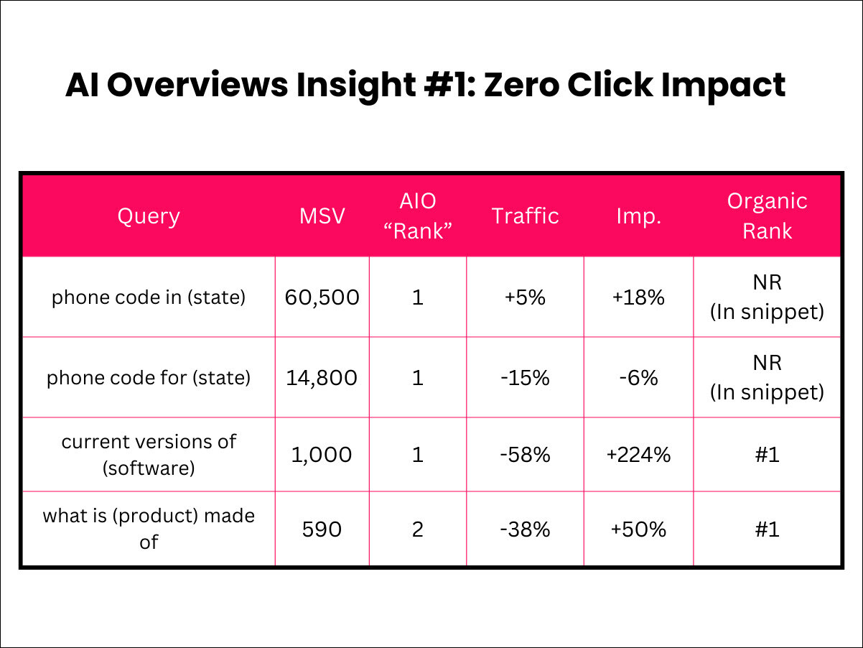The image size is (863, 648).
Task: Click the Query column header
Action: click(148, 216)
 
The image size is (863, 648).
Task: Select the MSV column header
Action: click(322, 216)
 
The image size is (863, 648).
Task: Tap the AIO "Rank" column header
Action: click(417, 216)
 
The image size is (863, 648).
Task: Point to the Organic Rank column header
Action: click(767, 216)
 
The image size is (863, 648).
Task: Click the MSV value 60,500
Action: click(322, 297)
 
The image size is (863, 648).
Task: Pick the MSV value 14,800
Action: click(322, 377)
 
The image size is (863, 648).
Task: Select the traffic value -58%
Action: click(525, 455)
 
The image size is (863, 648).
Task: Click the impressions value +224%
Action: click(638, 455)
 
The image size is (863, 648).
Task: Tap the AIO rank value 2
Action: click(417, 529)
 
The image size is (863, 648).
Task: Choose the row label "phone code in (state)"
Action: click(148, 297)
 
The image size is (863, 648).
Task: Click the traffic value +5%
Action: click(525, 297)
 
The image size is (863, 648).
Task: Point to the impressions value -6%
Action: click(638, 377)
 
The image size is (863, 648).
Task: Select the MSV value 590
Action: click(322, 529)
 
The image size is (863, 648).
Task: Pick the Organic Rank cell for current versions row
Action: click(767, 455)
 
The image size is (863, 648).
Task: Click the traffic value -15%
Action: click(525, 377)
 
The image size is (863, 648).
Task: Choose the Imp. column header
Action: click(638, 216)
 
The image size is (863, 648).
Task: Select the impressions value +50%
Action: click(638, 529)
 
